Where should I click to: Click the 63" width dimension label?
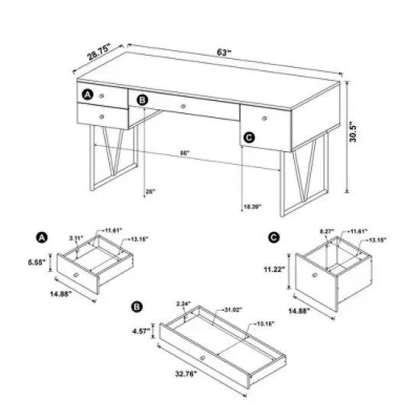pyautogui.click(x=223, y=53)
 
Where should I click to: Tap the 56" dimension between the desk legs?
pyautogui.click(x=185, y=153)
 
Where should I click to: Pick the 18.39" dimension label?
pyautogui.click(x=251, y=206)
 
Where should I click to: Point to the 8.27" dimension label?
pyautogui.click(x=325, y=229)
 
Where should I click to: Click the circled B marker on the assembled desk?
pyautogui.click(x=143, y=99)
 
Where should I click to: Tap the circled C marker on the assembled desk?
pyautogui.click(x=247, y=137)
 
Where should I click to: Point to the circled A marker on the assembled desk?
pyautogui.click(x=88, y=95)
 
